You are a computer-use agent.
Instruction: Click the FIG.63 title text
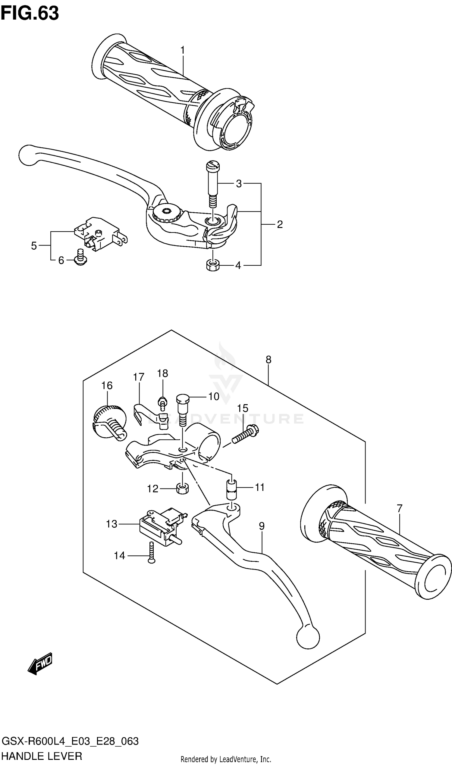30,14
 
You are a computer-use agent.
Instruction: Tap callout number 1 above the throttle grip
183,50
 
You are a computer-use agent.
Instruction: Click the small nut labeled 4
213,265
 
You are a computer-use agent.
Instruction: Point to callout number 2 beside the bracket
280,225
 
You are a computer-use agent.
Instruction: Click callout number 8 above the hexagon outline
268,360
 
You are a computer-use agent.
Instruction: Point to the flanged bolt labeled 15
246,434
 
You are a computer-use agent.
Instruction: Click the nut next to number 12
182,489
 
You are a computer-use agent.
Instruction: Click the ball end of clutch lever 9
308,636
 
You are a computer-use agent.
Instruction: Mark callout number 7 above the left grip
400,508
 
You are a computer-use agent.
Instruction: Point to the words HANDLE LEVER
42,756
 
